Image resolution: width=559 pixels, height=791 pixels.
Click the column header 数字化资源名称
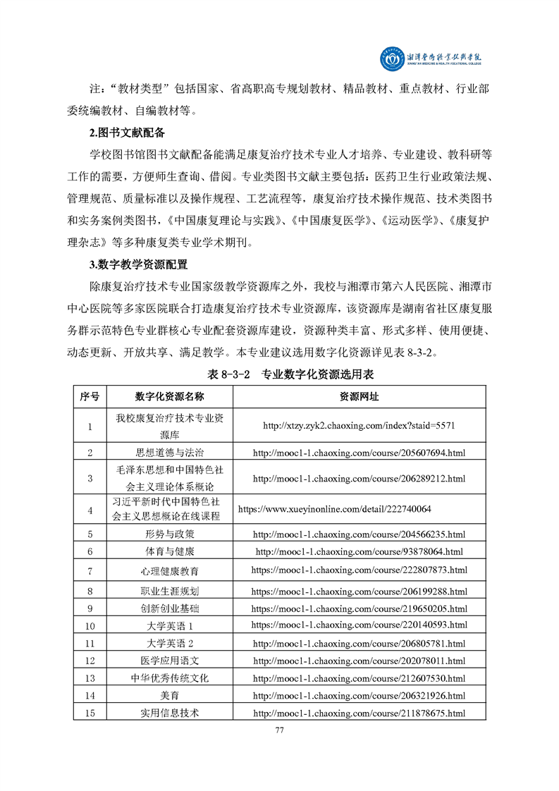[x=170, y=397]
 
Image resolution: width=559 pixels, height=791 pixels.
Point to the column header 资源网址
[x=359, y=397]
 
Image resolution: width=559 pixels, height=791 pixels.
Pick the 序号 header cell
[x=90, y=397]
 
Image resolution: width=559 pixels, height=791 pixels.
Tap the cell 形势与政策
[x=170, y=534]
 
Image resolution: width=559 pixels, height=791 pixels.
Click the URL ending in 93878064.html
[x=359, y=552]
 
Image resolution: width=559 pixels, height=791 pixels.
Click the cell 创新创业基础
[x=170, y=608]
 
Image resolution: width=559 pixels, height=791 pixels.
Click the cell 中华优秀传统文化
[x=170, y=678]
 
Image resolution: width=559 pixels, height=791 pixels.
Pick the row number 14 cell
[x=90, y=696]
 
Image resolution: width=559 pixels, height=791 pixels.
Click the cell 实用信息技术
[x=170, y=713]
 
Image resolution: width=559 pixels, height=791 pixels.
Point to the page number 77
[x=279, y=730]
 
